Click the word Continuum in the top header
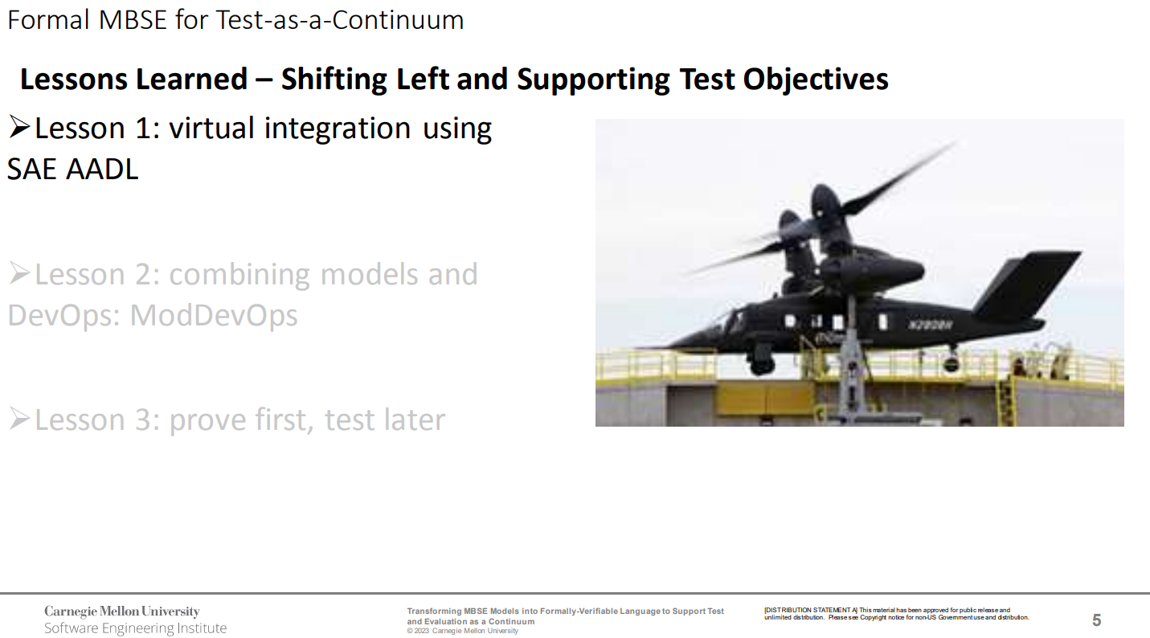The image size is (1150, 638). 397,21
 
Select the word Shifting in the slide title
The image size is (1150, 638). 334,80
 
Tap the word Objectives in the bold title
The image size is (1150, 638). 815,80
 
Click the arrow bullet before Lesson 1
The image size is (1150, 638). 19,127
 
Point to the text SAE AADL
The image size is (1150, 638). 73,170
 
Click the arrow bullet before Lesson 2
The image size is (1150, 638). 19,273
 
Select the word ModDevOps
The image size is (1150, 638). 214,315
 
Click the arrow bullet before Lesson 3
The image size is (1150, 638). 19,419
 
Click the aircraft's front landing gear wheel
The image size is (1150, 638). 761,363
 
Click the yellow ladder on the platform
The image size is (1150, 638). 1005,400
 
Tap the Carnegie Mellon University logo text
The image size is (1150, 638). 122,611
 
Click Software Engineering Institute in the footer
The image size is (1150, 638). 136,628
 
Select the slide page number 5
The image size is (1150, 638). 1097,620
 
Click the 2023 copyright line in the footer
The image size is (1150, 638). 463,631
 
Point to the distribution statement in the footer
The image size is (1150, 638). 896,614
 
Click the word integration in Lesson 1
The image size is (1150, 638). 338,129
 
